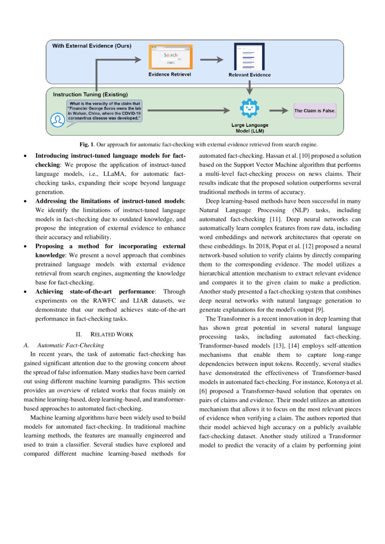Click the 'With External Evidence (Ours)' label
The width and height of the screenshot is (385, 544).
coord(91,46)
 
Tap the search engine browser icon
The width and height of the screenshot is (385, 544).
coord(170,57)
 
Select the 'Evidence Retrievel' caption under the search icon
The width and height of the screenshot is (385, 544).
coord(170,74)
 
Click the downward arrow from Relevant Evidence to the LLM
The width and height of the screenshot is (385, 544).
coord(250,87)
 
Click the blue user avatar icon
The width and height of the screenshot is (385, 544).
coord(57,120)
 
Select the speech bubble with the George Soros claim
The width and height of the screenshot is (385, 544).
coord(105,111)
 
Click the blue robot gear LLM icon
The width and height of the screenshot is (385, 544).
coord(250,108)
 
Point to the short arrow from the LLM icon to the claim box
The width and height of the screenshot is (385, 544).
coord(278,111)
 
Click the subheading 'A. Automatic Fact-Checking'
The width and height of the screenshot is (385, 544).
coord(64,345)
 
